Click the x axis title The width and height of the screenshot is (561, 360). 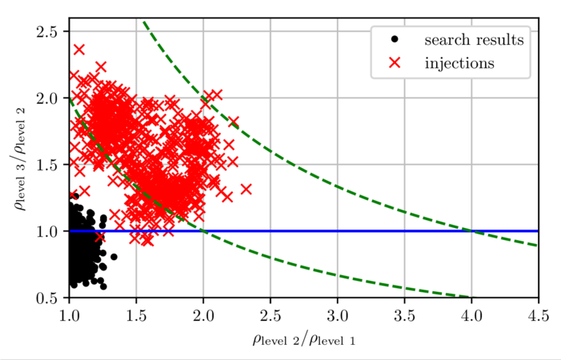coord(303,339)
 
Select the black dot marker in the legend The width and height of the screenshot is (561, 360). coord(395,40)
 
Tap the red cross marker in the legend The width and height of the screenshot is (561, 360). coord(395,62)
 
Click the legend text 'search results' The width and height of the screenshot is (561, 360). coord(474,40)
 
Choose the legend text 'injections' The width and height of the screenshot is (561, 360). coord(459,62)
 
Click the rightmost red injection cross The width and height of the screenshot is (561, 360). coord(246,189)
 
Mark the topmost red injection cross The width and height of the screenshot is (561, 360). coord(79,50)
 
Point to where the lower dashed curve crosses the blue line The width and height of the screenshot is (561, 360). coord(203,231)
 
